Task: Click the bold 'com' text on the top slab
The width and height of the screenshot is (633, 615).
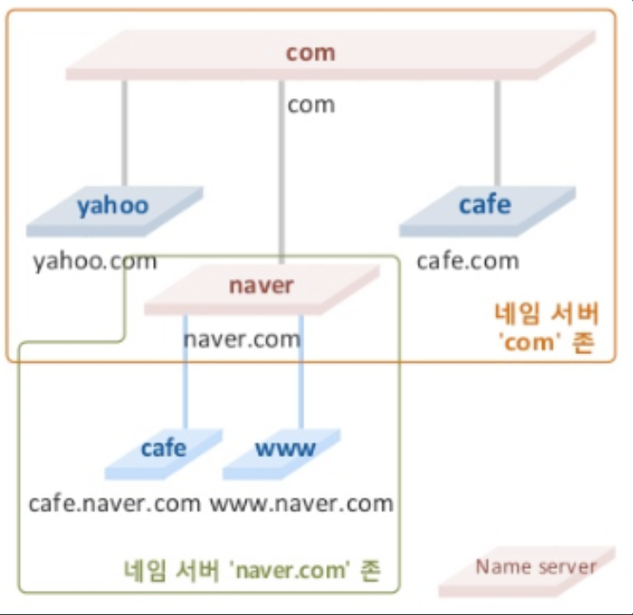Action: coord(310,53)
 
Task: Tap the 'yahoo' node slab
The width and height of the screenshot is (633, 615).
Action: coord(112,207)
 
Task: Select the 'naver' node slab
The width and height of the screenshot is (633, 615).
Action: coord(261,288)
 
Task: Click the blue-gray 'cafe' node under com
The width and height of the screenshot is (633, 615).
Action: coord(485,206)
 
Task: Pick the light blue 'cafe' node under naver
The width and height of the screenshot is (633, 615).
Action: coord(163,451)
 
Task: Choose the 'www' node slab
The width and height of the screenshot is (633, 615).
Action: coord(285,451)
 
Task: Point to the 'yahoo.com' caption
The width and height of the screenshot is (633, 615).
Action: coord(95,260)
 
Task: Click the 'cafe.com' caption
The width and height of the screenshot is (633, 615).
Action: coord(468,260)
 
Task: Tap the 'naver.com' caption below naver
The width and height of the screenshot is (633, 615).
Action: coord(242,338)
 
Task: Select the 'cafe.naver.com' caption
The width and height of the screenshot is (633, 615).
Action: coord(114,502)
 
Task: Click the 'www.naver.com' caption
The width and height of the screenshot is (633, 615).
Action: coord(302,502)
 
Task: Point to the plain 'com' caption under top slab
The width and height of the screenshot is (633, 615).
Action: coord(311,105)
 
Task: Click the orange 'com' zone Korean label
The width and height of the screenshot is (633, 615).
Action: coord(546,327)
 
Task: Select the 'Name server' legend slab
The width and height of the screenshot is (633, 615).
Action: coord(529,570)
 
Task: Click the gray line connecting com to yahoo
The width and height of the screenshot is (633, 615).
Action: coord(125,130)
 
